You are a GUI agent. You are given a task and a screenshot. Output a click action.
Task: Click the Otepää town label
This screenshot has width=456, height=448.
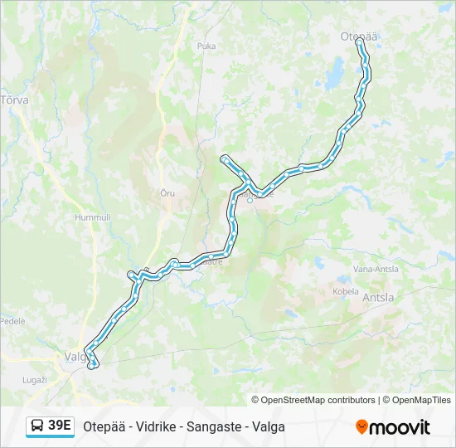tap(359, 36)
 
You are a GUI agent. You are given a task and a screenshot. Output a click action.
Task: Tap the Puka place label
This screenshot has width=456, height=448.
tap(206, 46)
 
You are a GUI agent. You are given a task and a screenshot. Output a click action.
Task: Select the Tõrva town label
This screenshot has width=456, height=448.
tap(15, 100)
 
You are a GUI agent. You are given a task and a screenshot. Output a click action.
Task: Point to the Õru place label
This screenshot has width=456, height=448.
tap(167, 192)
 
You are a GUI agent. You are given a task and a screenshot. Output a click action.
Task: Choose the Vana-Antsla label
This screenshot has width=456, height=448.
tap(376, 269)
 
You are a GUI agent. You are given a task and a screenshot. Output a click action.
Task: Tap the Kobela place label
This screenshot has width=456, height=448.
tap(346, 291)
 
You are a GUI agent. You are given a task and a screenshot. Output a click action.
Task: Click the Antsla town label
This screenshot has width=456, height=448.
tap(378, 296)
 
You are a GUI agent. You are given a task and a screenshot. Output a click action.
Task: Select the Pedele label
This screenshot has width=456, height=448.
tap(12, 320)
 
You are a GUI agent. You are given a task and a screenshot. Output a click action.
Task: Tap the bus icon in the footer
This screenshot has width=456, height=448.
tap(38, 426)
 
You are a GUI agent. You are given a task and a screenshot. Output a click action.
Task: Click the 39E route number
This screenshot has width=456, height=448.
tap(60, 426)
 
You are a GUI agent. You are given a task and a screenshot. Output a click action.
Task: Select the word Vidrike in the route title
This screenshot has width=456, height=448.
tap(150, 426)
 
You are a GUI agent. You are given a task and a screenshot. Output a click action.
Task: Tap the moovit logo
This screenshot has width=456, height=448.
tap(392, 427)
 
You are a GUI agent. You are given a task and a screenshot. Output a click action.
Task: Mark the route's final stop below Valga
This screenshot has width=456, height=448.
tap(94, 364)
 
